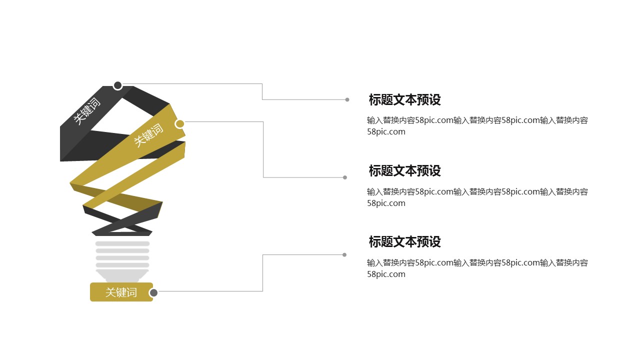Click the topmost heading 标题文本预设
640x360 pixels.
[x=404, y=99]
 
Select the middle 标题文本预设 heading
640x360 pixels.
[x=404, y=170]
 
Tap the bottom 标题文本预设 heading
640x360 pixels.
[x=404, y=241]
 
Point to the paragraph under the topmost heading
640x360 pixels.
[x=477, y=125]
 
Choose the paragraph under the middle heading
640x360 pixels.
[x=477, y=197]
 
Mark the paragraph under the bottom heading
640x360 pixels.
[x=477, y=268]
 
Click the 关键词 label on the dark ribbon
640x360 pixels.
[x=87, y=111]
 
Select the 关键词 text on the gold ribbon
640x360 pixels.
[x=148, y=135]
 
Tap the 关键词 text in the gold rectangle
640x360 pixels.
[x=121, y=292]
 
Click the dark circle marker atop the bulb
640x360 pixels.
[x=117, y=85]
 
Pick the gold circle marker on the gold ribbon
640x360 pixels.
[x=179, y=124]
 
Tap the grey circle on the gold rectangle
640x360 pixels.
[x=153, y=292]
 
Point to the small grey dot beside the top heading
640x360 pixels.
[x=347, y=99]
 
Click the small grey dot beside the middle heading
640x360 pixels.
[x=345, y=177]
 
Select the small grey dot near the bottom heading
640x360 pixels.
[x=344, y=255]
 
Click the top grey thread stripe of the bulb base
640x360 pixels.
[x=122, y=243]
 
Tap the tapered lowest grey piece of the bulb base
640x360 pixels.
[x=122, y=275]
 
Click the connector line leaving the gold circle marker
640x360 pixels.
[x=263, y=149]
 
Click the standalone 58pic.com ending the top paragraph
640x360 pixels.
[x=386, y=131]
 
